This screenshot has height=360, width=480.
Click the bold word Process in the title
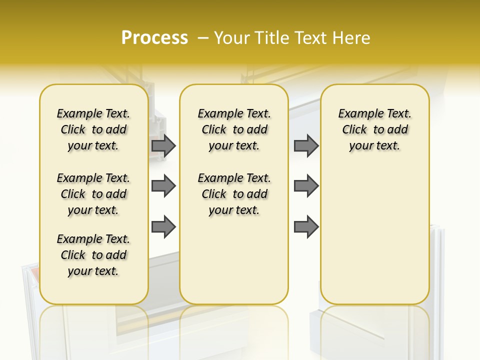[154, 37]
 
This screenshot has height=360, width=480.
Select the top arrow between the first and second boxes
[163, 145]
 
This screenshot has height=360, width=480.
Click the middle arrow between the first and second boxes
[163, 186]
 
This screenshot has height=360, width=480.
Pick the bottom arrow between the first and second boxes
[163, 226]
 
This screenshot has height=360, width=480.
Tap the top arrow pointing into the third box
[306, 145]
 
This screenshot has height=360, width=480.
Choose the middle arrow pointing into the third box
[306, 186]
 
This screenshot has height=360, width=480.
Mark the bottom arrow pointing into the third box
[306, 226]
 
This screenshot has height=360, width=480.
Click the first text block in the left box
[93, 129]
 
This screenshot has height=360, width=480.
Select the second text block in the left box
[93, 194]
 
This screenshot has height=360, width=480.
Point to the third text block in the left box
[93, 255]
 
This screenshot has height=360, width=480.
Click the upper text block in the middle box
[234, 129]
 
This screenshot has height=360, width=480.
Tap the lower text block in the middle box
[234, 194]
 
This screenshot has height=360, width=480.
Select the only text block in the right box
[374, 129]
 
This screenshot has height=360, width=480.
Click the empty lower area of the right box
[374, 235]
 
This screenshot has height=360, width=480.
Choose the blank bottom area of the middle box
[234, 265]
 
